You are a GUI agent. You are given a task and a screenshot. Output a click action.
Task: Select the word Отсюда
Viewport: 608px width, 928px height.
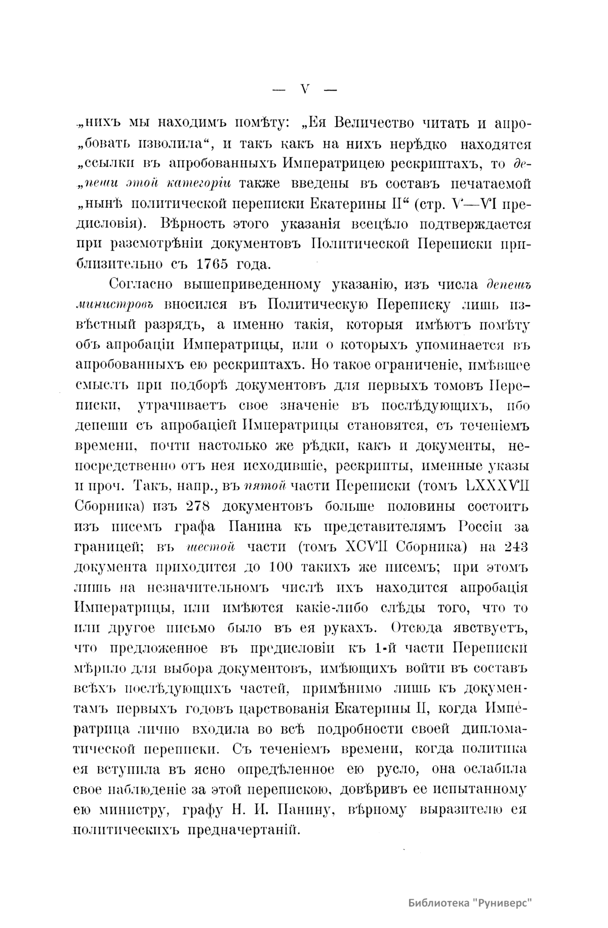coord(420,628)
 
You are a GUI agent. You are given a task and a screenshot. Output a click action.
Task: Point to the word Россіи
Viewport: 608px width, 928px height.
coord(480,526)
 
